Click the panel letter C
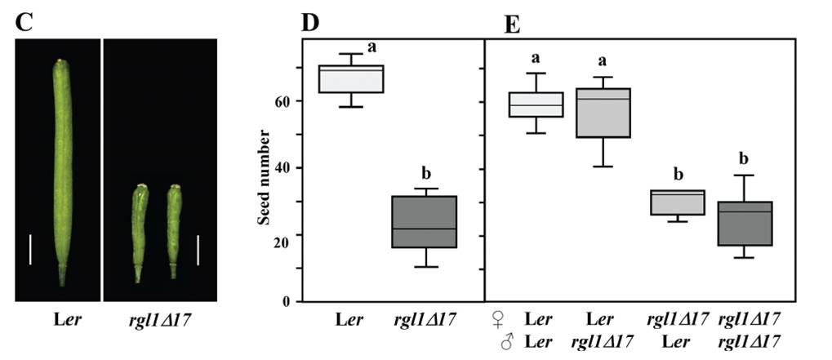point(24,22)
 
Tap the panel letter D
point(309,22)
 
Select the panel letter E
point(512,24)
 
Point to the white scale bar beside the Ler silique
point(30,249)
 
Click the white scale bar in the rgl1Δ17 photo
point(198,249)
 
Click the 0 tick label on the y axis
point(287,302)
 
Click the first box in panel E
point(536,104)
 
